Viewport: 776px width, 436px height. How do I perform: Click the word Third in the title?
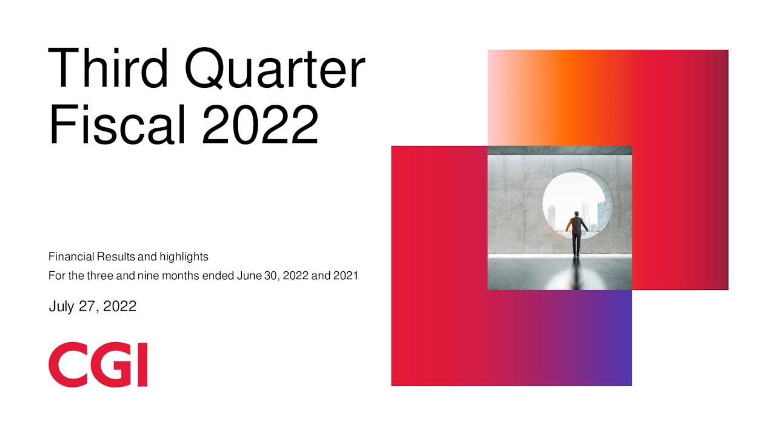pyautogui.click(x=108, y=68)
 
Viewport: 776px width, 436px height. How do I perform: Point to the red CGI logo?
pyautogui.click(x=98, y=365)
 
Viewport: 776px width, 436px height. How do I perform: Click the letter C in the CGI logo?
pyautogui.click(x=65, y=365)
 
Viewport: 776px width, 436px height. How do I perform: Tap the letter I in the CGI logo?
pyautogui.click(x=142, y=365)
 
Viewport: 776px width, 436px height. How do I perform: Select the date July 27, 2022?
pyautogui.click(x=92, y=306)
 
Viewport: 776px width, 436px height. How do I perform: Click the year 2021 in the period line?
pyautogui.click(x=346, y=276)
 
